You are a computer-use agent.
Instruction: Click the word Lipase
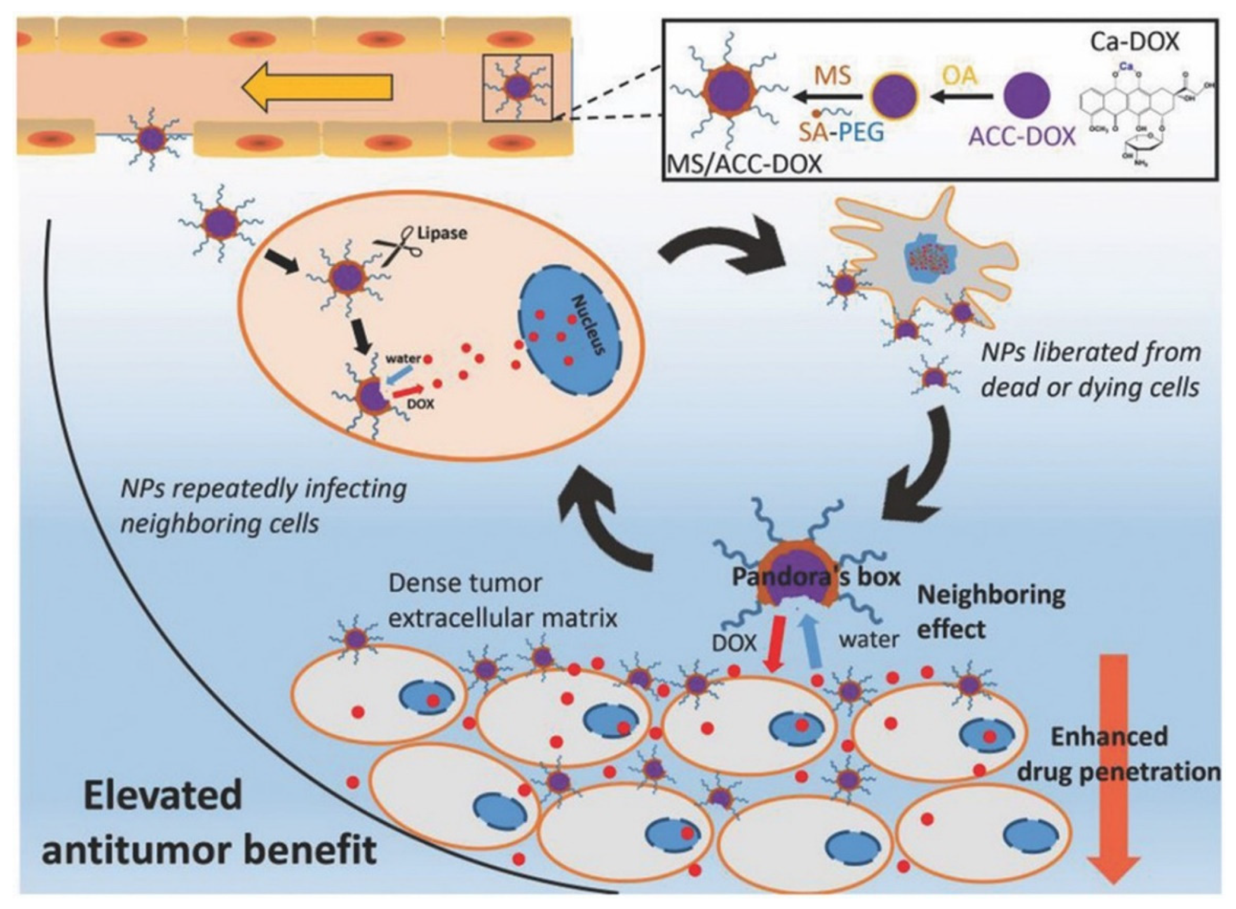pyautogui.click(x=442, y=233)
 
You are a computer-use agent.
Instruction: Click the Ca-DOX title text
pyautogui.click(x=1135, y=42)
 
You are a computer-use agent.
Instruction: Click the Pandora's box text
pyautogui.click(x=816, y=577)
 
